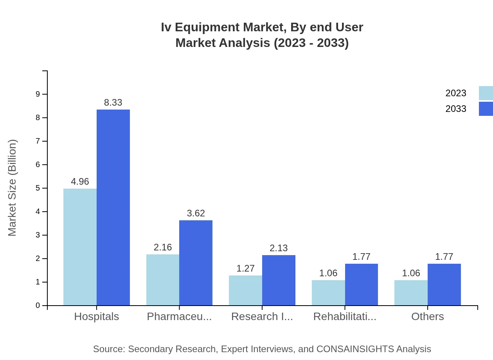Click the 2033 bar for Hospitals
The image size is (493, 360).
point(113,207)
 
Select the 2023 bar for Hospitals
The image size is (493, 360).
point(80,247)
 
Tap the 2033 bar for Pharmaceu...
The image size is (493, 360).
point(196,263)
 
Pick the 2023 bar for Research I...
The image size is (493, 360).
point(245,290)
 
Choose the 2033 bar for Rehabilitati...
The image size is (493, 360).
point(361,284)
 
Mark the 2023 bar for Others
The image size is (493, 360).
point(411,293)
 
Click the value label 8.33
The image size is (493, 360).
point(113,103)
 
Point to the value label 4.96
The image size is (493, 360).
point(80,182)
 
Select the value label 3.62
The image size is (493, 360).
point(196,213)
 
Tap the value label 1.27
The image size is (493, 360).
point(245,268)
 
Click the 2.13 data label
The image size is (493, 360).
point(279,248)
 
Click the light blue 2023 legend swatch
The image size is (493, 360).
point(486,93)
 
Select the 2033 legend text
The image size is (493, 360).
point(456,109)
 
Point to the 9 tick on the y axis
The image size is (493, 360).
point(38,94)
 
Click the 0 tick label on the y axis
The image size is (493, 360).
point(38,305)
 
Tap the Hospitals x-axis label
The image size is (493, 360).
point(97,316)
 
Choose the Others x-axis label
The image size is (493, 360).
point(427,316)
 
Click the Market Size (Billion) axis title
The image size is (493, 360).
point(13,188)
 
